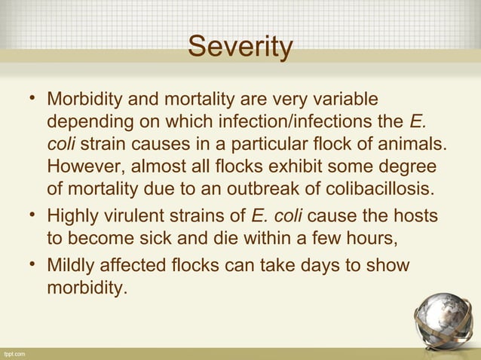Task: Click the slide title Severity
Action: click(240, 47)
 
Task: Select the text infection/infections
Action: click(300, 121)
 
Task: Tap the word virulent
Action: click(133, 218)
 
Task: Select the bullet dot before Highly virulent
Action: click(32, 218)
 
